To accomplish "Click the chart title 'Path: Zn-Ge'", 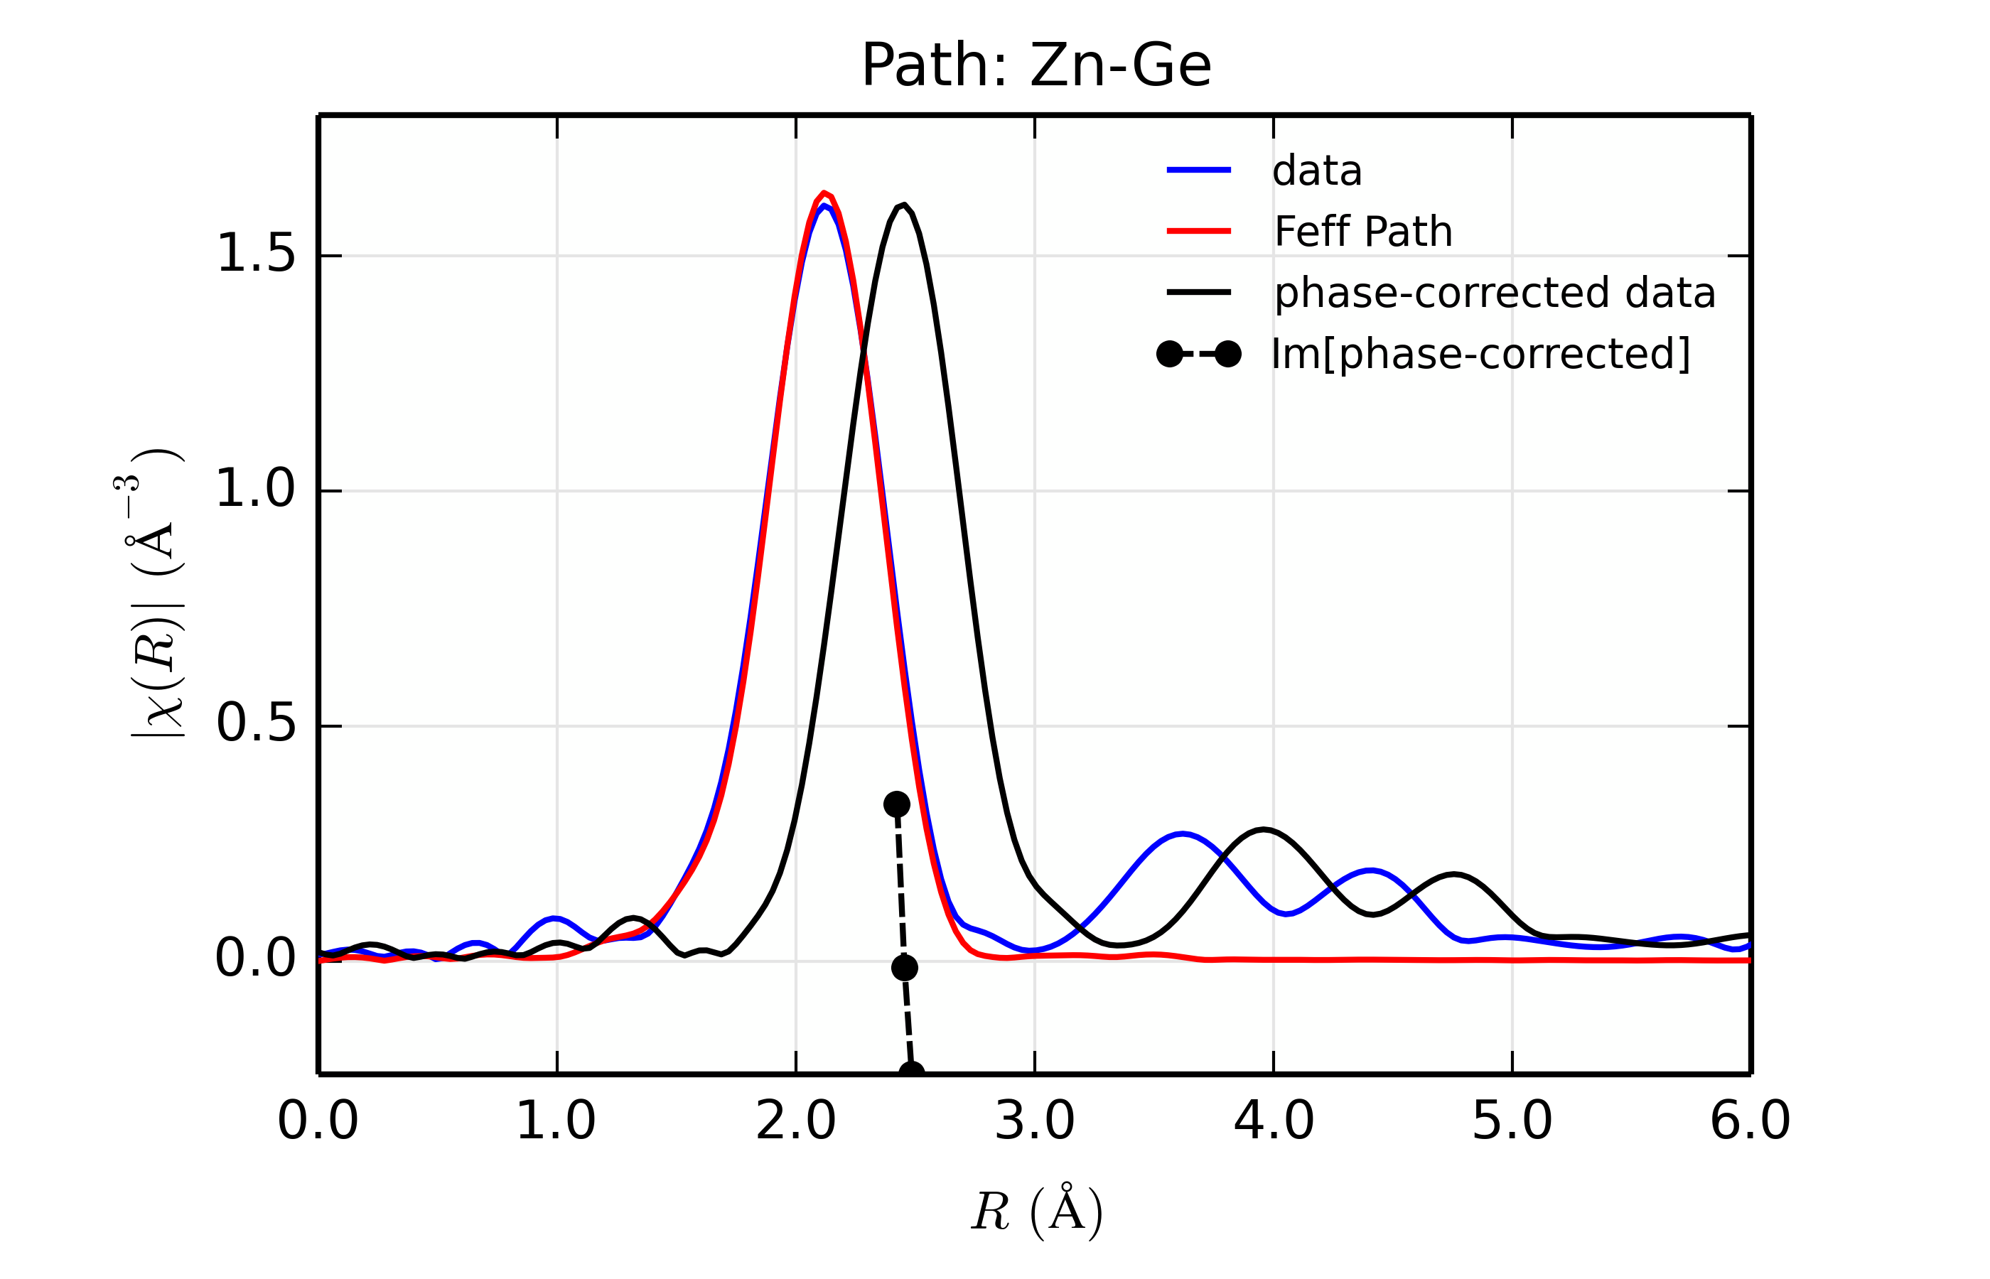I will (x=1036, y=65).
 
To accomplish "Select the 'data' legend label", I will (x=1316, y=171).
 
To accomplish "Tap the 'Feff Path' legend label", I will (x=1363, y=232).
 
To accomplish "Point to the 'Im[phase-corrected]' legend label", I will (x=1480, y=355).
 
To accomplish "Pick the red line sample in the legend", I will (x=1198, y=231).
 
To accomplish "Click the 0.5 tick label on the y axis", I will (x=255, y=724).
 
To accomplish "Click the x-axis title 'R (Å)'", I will (x=1036, y=1211).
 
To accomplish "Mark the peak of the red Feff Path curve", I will (x=824, y=193).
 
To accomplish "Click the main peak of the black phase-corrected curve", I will (x=903, y=205).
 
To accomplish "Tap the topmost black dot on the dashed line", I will (x=896, y=804).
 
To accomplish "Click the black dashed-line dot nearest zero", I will (x=905, y=968).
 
